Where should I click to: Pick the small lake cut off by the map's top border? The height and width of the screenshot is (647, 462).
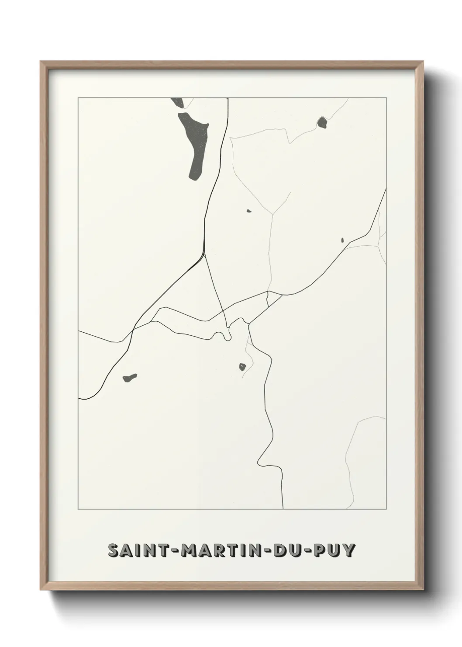click(178, 103)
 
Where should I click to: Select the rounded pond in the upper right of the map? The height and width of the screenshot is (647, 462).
click(322, 122)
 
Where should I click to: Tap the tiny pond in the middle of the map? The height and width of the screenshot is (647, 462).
click(249, 211)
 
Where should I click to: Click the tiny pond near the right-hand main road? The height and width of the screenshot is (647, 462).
click(343, 240)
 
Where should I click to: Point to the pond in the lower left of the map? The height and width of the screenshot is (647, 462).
click(130, 377)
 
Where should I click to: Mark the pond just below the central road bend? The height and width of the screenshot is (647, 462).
click(242, 366)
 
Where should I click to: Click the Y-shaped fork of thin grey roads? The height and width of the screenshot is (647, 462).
click(273, 214)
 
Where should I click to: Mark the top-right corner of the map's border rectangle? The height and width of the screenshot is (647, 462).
click(386, 98)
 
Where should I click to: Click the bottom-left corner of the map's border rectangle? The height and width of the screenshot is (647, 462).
click(78, 509)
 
